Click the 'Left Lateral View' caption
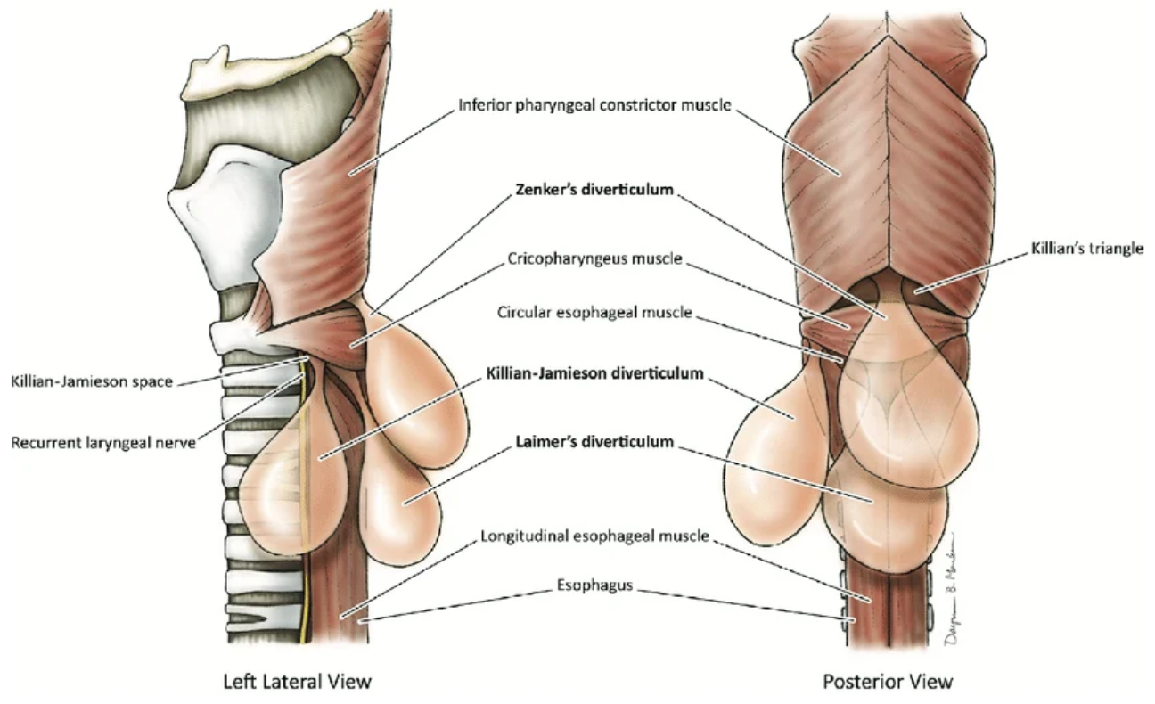pos(297,682)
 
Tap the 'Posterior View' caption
pos(888,682)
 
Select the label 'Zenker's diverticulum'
pos(594,190)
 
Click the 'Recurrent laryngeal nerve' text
pos(102,442)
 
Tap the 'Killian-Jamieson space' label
pos(92,381)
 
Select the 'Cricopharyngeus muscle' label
pos(594,259)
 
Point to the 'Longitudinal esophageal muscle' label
pos(594,536)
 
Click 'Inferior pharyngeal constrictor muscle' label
pos(594,105)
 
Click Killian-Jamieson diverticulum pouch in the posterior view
pos(771,463)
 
